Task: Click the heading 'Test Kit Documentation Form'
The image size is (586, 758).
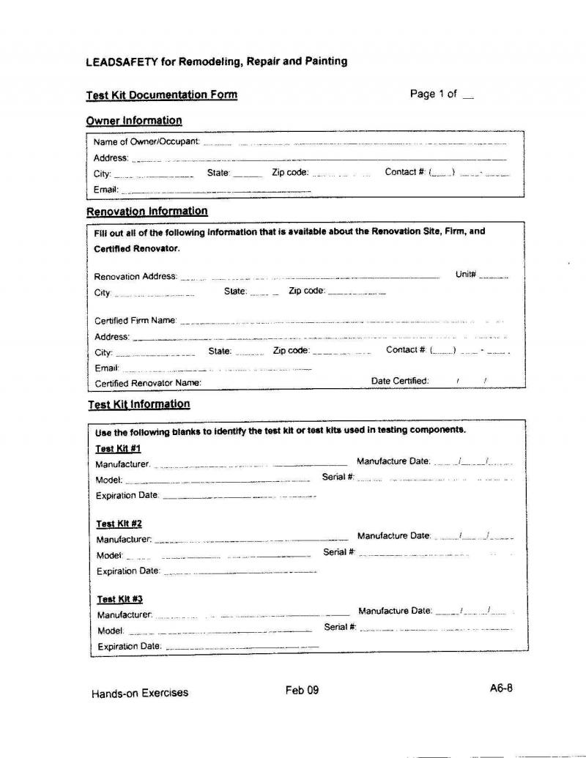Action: (x=161, y=94)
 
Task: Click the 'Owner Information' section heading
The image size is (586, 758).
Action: (x=134, y=120)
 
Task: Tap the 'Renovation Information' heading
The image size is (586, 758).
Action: (x=146, y=211)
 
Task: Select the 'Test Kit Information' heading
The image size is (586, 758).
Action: (x=138, y=404)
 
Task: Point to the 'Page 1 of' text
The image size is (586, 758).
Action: (x=434, y=94)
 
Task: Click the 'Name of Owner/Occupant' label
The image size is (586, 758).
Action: (x=146, y=141)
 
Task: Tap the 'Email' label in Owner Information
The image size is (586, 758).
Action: (x=105, y=189)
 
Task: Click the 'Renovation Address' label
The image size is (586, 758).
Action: (x=136, y=276)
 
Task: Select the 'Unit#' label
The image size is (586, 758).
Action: (x=466, y=275)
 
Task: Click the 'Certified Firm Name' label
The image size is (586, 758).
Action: (x=136, y=320)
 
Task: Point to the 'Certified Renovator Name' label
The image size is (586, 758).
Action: (x=148, y=383)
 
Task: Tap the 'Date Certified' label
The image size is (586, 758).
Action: (x=400, y=381)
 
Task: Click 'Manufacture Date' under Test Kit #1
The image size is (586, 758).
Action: (x=393, y=461)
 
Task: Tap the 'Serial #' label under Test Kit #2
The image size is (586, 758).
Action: (x=339, y=552)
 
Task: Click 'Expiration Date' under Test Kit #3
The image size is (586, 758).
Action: (x=129, y=646)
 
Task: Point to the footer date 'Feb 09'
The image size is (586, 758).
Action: (x=303, y=690)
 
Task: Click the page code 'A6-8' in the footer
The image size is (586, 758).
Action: (x=501, y=688)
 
